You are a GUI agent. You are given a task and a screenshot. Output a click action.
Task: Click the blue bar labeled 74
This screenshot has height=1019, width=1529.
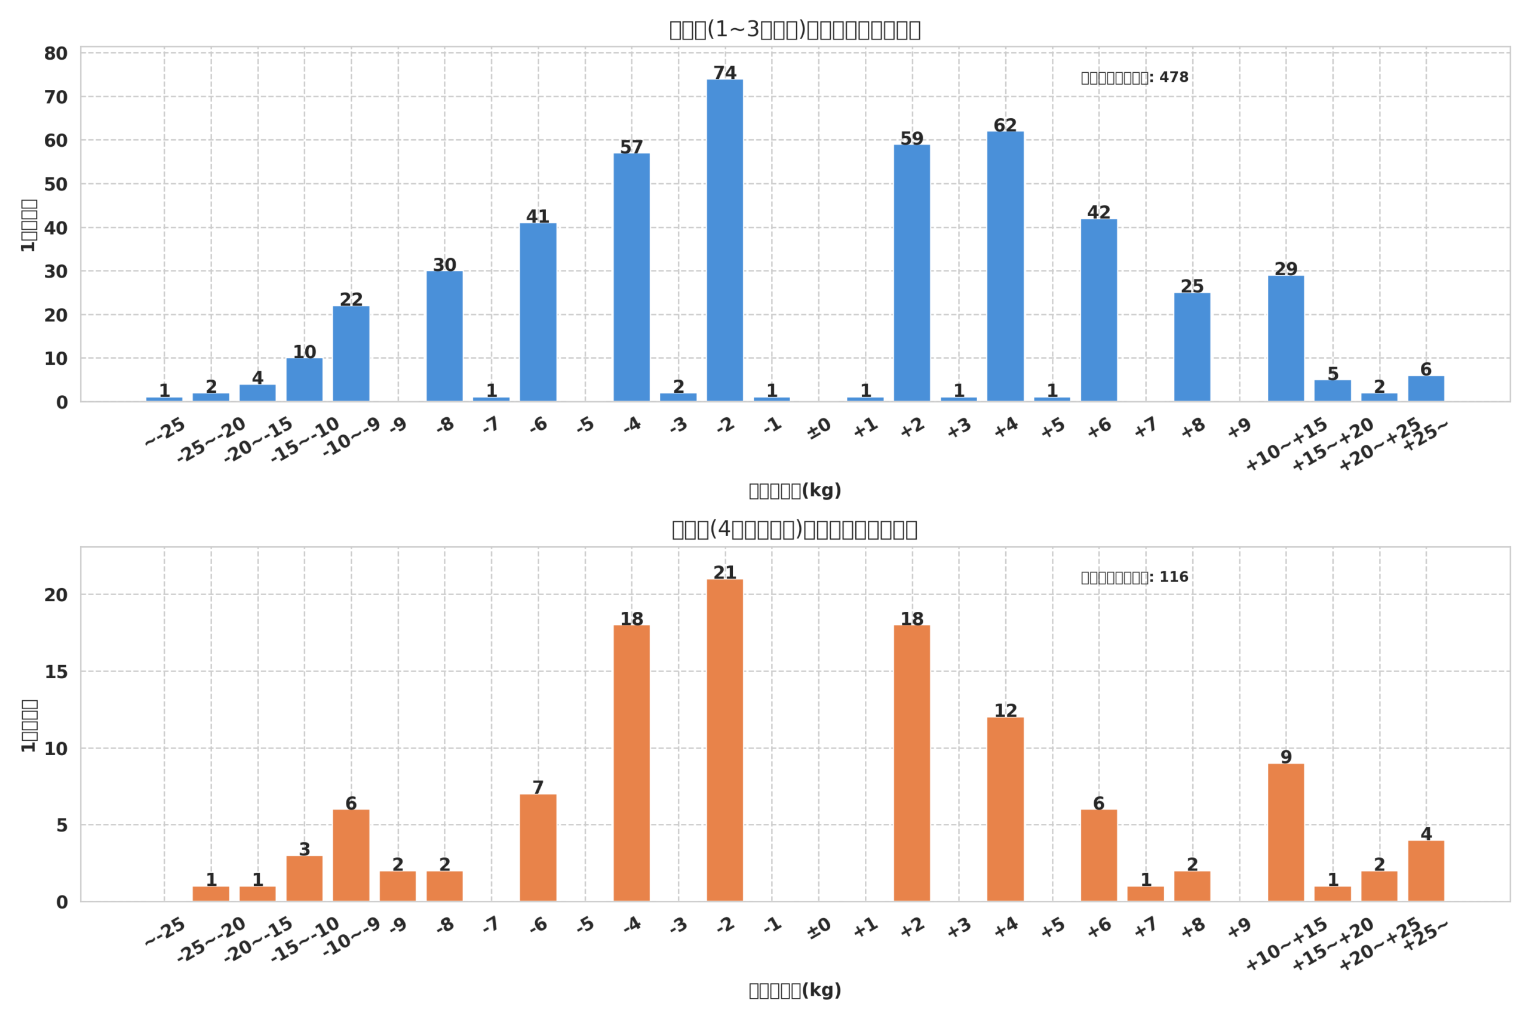(725, 241)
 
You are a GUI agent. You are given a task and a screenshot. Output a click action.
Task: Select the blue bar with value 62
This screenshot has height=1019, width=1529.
(1005, 266)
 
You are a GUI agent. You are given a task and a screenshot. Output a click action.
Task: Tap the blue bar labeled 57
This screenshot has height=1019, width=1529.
(631, 278)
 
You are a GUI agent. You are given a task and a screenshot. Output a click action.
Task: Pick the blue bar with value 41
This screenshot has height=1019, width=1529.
(538, 312)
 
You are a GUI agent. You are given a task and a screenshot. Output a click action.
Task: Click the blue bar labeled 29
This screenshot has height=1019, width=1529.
(1285, 338)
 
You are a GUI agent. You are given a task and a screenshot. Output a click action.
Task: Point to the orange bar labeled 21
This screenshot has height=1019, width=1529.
(725, 740)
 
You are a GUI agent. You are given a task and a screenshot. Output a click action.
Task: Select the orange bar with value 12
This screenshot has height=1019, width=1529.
(1005, 809)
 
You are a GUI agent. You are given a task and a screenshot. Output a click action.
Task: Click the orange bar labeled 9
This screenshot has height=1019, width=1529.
(1285, 833)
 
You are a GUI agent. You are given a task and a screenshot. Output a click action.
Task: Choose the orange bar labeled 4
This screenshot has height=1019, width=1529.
(1426, 871)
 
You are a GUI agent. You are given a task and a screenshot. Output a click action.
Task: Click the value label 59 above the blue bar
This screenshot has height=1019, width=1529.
(911, 138)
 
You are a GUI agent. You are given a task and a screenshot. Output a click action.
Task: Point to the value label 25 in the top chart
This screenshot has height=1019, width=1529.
(1192, 286)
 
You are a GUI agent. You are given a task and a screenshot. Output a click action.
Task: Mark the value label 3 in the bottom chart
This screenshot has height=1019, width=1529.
(304, 849)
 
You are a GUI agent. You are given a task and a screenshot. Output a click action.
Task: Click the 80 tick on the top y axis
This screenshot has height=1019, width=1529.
(56, 54)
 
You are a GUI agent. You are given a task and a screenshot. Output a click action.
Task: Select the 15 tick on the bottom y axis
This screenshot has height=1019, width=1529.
(56, 672)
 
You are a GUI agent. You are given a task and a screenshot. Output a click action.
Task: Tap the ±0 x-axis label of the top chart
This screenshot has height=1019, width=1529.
(818, 428)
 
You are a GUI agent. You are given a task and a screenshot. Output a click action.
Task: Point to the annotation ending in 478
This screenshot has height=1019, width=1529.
(1134, 78)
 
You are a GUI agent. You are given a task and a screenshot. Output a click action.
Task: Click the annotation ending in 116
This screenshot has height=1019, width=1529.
(1134, 577)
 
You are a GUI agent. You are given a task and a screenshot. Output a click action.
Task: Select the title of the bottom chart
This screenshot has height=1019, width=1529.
(794, 529)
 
